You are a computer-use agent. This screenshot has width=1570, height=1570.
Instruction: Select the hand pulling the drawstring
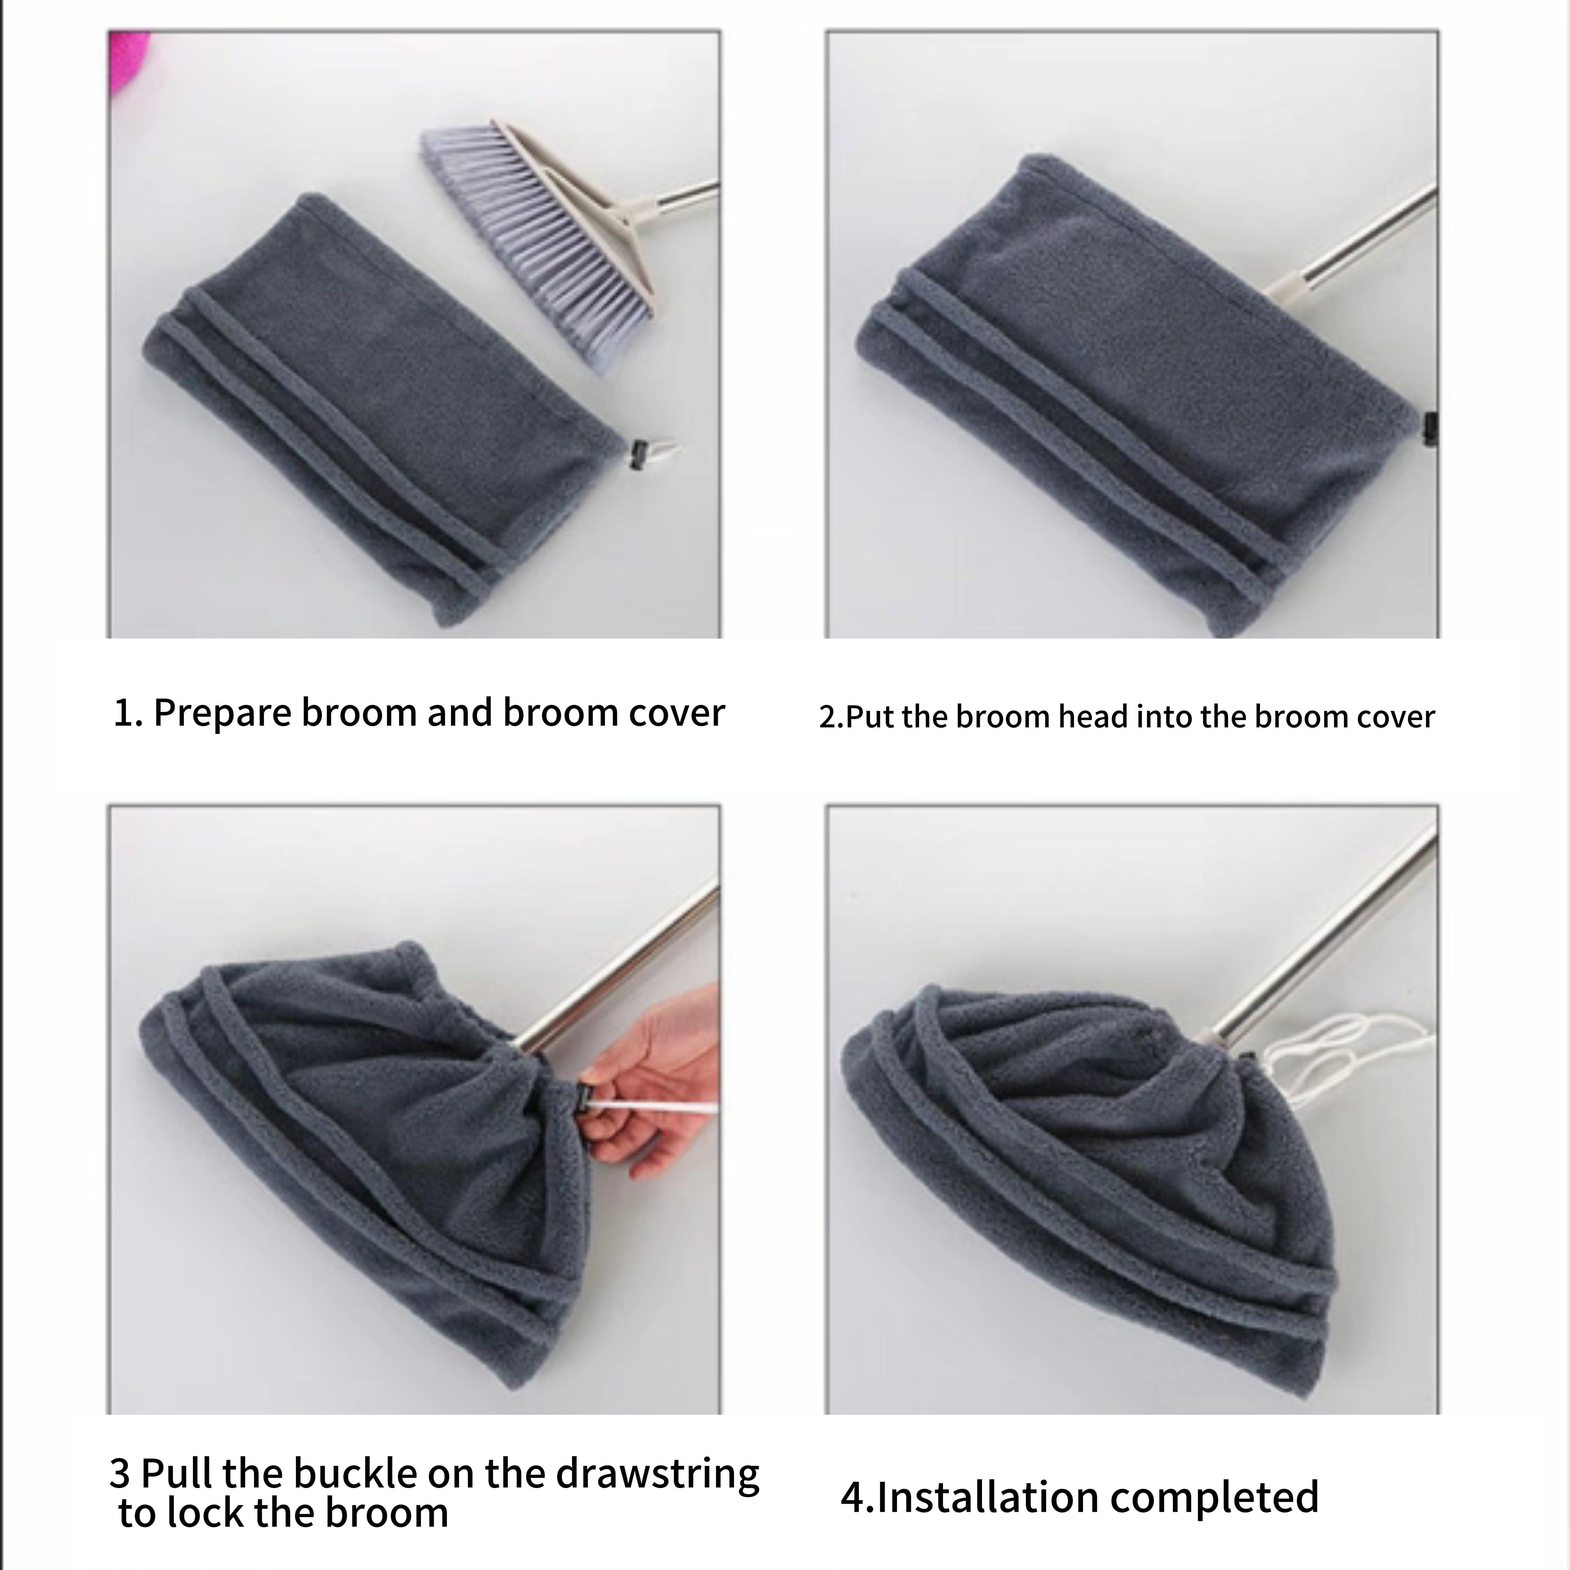[650, 1085]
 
